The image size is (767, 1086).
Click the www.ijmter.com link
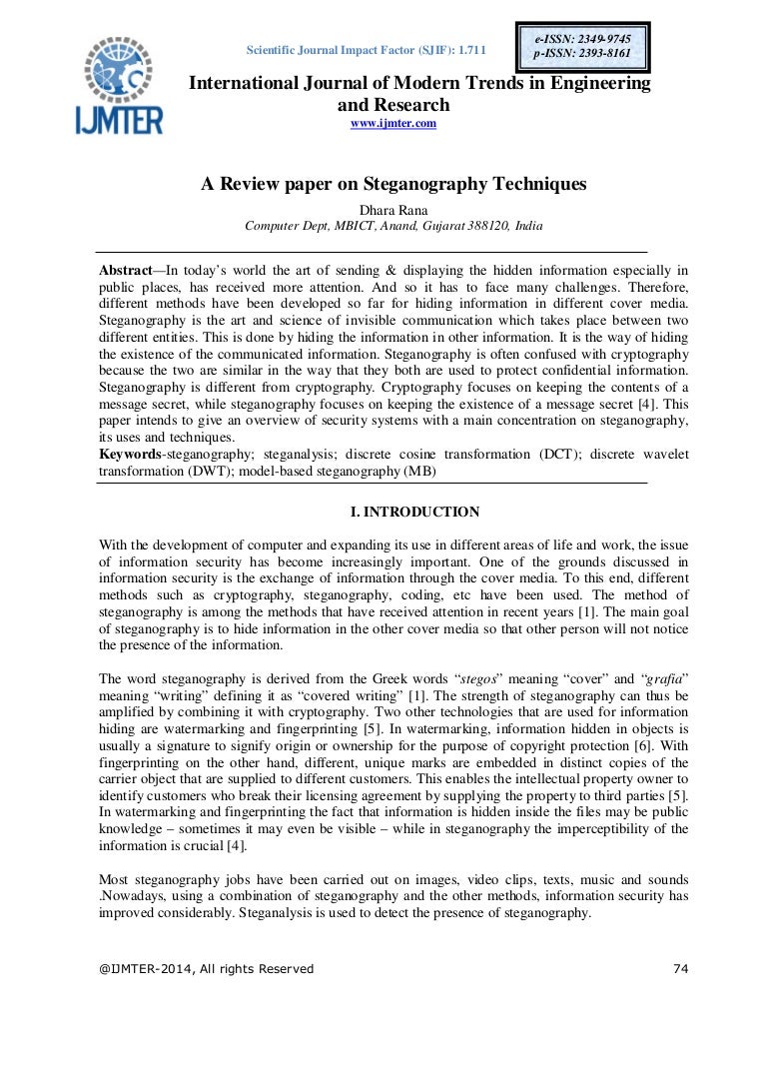392,123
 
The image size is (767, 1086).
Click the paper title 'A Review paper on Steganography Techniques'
393,184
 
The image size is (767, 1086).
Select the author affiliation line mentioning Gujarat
393,226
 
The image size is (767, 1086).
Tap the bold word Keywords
131,455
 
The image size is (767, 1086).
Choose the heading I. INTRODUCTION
413,513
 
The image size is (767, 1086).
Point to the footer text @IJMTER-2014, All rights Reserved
206,968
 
